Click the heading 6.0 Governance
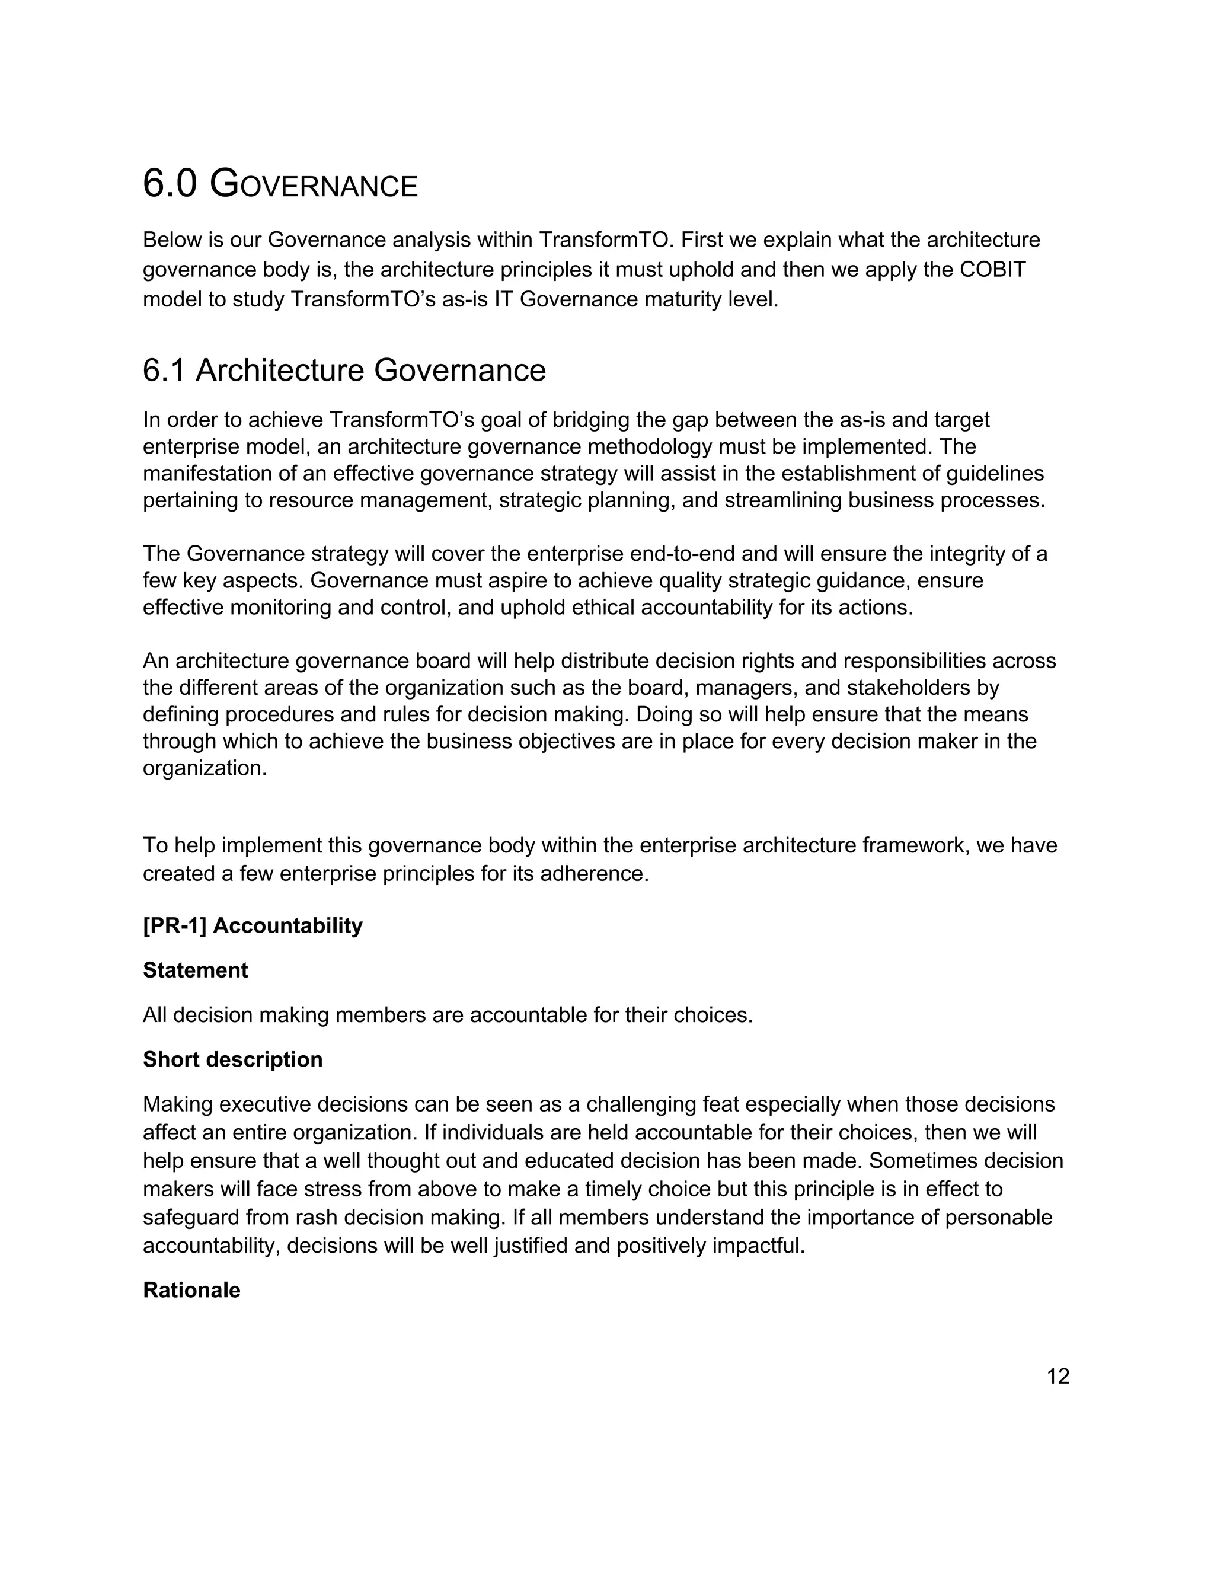[x=280, y=184]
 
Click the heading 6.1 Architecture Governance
[x=344, y=371]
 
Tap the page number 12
[x=1058, y=1376]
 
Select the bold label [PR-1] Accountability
[x=253, y=926]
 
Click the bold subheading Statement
[x=195, y=970]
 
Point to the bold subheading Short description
[x=232, y=1059]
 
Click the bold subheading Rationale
[x=191, y=1290]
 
